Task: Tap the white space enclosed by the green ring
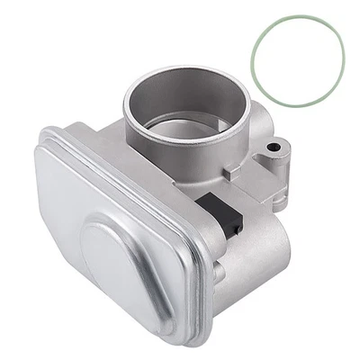tap(298, 56)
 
